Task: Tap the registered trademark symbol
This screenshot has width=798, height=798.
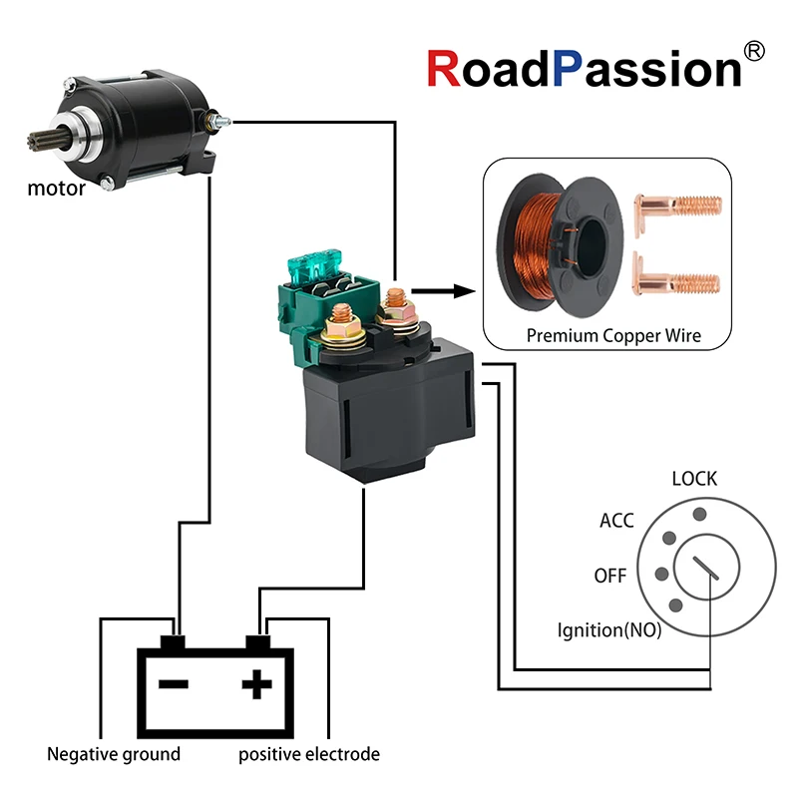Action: click(x=756, y=49)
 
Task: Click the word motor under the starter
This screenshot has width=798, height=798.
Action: click(x=56, y=188)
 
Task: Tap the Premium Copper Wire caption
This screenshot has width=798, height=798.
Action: click(x=613, y=336)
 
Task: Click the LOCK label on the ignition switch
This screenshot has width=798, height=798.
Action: click(x=694, y=479)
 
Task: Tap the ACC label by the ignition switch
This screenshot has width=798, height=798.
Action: click(x=616, y=521)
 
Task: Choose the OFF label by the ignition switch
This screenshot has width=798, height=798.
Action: click(x=610, y=577)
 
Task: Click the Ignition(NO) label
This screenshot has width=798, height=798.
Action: click(x=609, y=630)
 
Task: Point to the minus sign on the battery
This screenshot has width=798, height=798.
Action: click(x=174, y=684)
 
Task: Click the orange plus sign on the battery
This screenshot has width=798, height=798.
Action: click(x=257, y=684)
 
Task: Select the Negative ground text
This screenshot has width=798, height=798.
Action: click(x=114, y=754)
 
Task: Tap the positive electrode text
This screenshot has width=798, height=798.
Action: click(x=309, y=754)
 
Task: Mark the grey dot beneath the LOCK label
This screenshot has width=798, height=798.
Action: click(x=700, y=514)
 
